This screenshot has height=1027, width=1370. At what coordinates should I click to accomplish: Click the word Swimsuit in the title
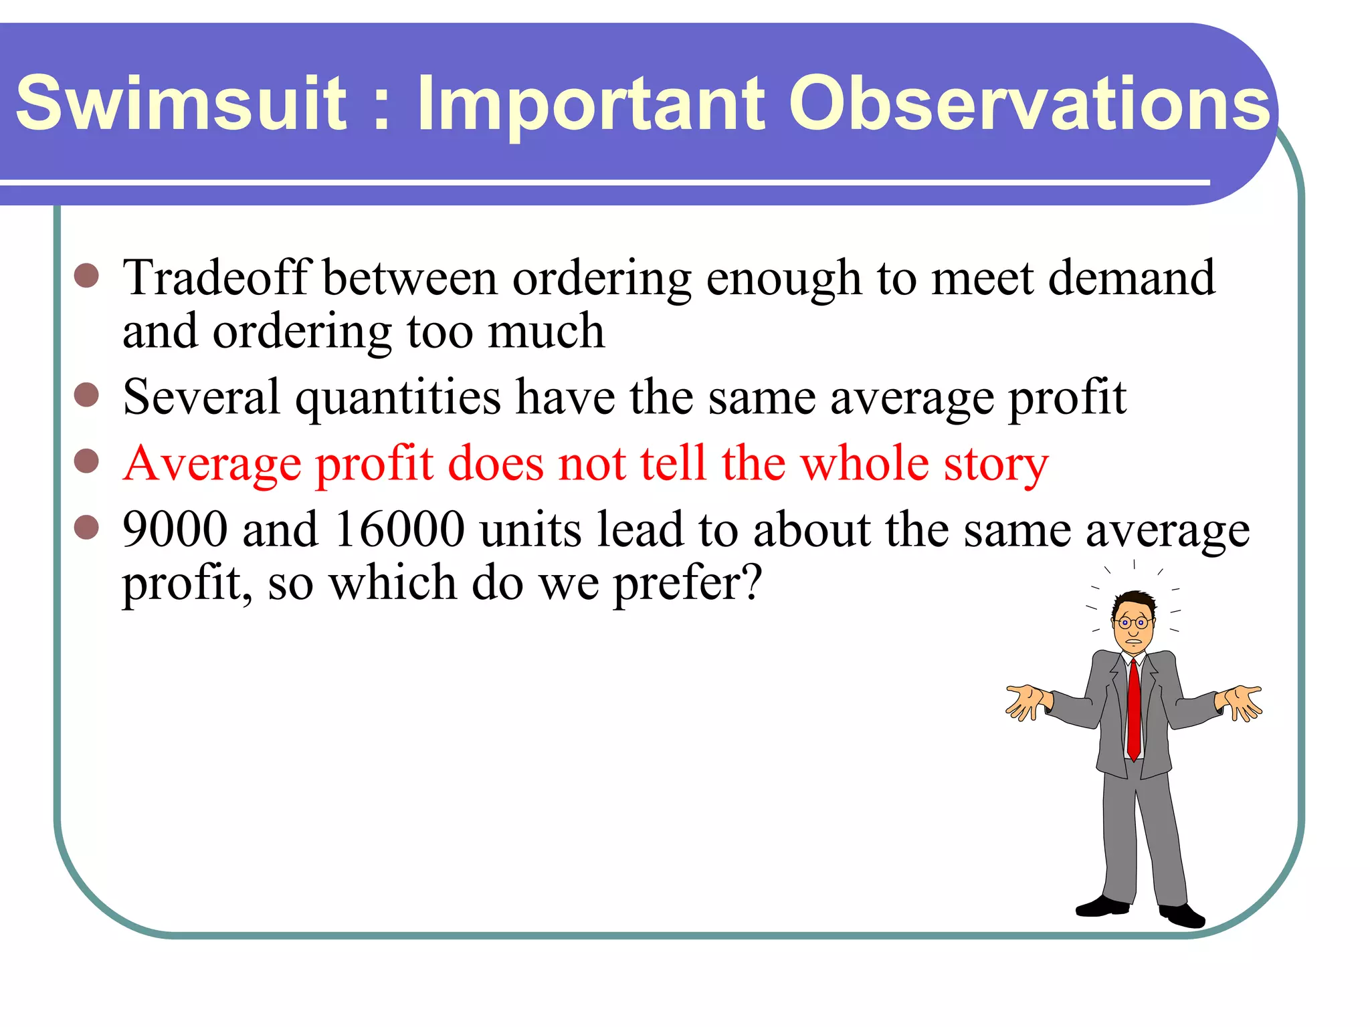(x=181, y=104)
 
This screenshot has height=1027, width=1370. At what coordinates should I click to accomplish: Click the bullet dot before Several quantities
(x=87, y=394)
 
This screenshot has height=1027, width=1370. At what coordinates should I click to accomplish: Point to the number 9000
(x=175, y=530)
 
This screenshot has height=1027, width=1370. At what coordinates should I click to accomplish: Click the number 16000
(x=399, y=530)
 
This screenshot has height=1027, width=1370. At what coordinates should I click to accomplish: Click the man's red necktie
(x=1133, y=709)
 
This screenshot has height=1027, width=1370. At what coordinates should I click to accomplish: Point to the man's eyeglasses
(x=1133, y=622)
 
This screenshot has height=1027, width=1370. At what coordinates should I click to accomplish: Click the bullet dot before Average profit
(x=87, y=461)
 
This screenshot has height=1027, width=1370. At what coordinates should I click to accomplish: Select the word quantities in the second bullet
(x=398, y=398)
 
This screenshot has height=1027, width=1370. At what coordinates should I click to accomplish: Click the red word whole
(x=864, y=463)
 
